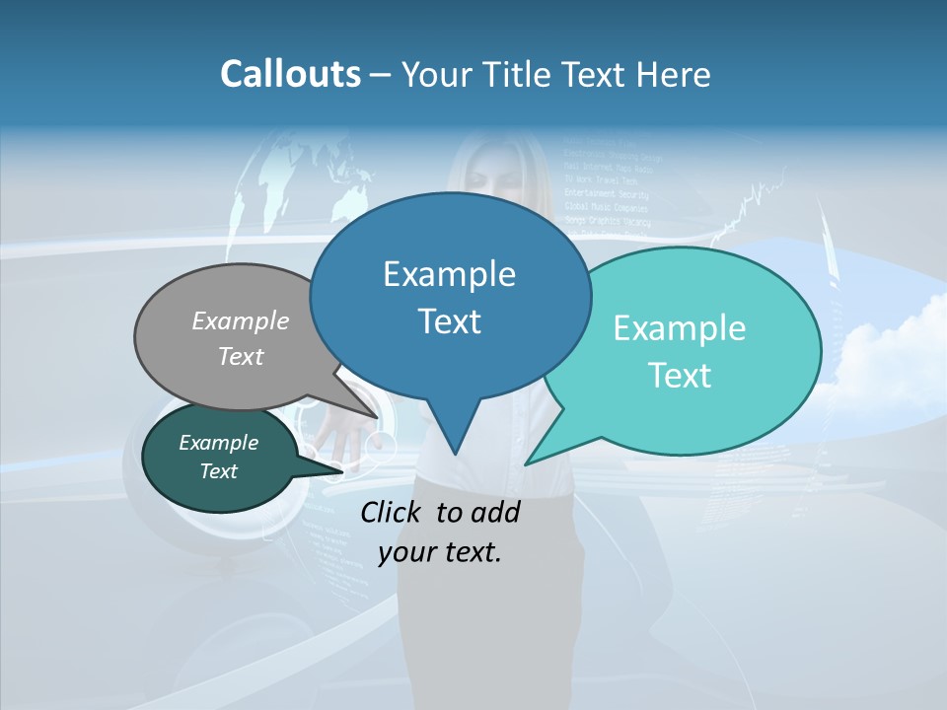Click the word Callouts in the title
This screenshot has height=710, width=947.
[290, 74]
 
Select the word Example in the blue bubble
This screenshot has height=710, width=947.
[449, 274]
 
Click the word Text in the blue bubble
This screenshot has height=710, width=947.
[449, 321]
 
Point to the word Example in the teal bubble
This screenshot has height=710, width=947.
[680, 328]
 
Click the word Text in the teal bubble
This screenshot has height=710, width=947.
[680, 376]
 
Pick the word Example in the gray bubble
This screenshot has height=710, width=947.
[241, 320]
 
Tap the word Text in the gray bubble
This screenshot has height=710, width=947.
[241, 356]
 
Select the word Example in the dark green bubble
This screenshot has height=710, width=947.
[218, 443]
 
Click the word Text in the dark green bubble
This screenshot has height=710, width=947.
[218, 471]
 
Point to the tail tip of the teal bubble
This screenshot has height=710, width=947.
[528, 462]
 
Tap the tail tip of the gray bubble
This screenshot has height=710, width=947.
[377, 417]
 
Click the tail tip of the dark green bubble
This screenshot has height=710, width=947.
[341, 471]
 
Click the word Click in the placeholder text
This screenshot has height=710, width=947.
[392, 512]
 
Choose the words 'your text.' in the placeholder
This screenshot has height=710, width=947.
[440, 552]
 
